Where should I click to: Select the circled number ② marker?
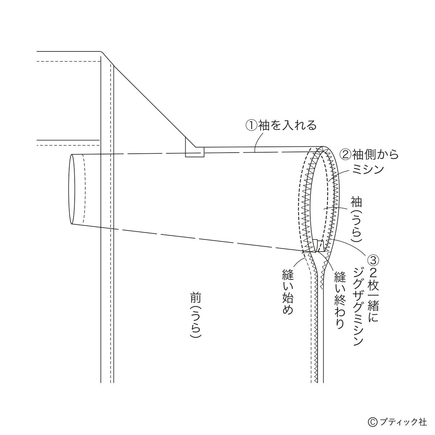(345, 154)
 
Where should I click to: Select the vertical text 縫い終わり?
(340, 300)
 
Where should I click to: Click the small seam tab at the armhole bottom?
(319, 246)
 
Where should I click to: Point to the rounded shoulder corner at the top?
(102, 53)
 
